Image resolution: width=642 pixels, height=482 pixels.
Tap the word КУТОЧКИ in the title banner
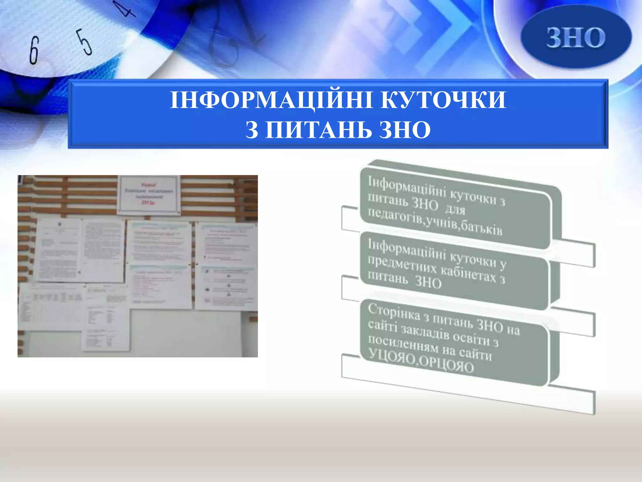[443, 100]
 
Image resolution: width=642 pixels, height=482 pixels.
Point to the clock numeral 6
[34, 50]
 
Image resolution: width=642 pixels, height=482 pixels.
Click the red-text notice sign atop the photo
[148, 195]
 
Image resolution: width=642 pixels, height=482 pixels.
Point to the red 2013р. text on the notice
[148, 203]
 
